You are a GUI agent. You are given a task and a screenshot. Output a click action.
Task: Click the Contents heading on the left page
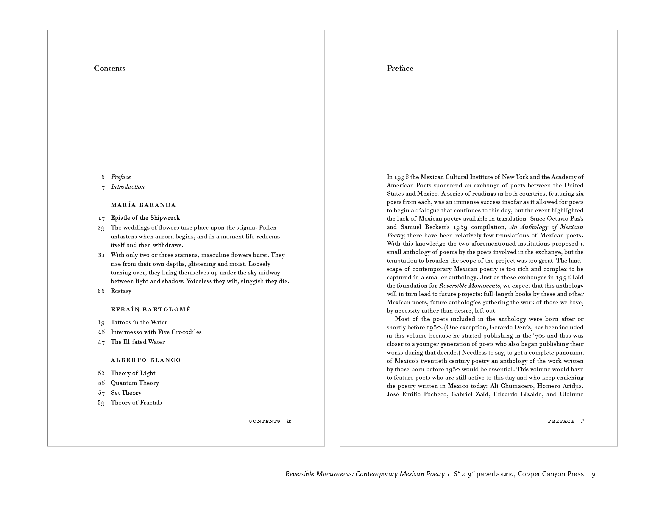point(110,68)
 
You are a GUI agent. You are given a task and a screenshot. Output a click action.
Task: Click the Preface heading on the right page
point(400,68)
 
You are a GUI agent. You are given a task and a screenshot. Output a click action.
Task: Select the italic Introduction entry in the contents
point(127,187)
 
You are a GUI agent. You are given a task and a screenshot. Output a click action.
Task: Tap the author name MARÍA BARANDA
point(144,205)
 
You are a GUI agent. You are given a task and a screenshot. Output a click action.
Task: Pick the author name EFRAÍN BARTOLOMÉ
point(151,309)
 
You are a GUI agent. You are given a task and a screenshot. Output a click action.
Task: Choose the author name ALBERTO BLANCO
point(146,360)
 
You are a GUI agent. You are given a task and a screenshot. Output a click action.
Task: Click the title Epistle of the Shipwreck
point(145,218)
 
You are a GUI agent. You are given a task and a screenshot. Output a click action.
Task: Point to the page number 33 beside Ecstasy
point(101,291)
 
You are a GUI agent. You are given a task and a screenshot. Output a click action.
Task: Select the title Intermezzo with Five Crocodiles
point(156,332)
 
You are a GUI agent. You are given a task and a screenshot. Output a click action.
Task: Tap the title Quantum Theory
point(135,383)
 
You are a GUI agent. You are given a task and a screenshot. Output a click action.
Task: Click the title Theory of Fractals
point(136,403)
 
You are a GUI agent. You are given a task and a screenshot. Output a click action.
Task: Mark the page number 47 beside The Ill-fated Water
point(101,342)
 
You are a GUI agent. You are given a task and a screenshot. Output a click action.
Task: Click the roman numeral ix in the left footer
point(288,421)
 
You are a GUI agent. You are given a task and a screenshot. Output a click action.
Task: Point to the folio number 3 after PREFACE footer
point(582,421)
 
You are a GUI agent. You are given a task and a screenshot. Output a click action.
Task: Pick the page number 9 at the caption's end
point(593,474)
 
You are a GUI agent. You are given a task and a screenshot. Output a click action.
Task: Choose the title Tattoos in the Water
point(139,322)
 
